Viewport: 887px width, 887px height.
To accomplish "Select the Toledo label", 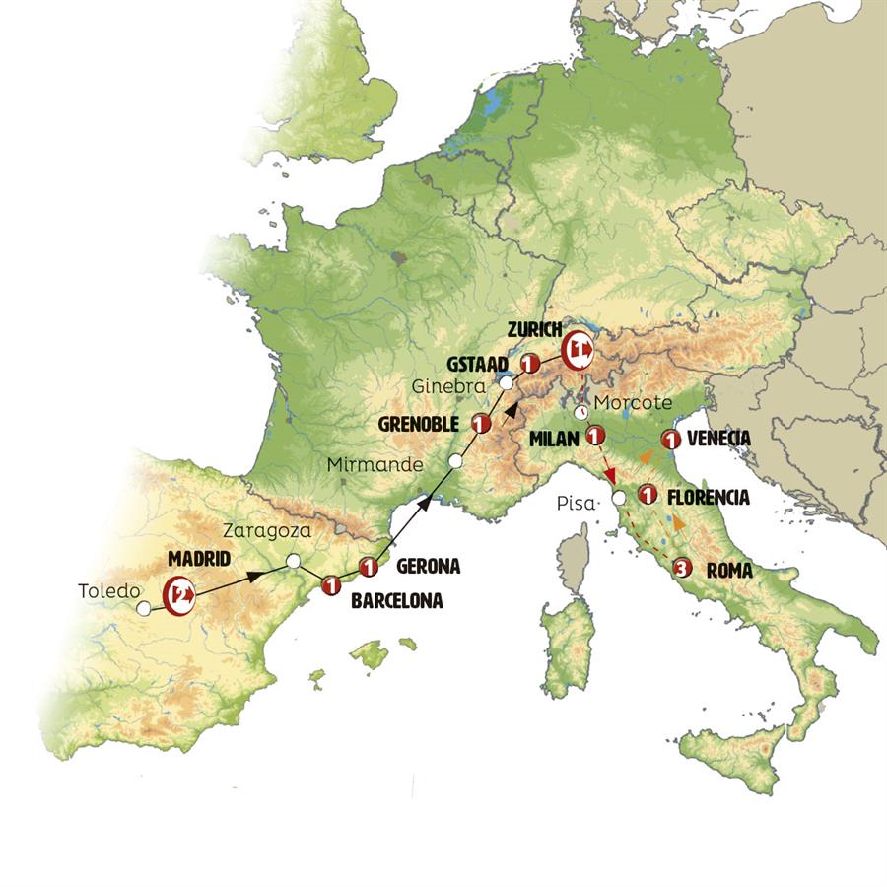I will pos(105,592).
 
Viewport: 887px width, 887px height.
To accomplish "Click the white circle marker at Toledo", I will pos(144,610).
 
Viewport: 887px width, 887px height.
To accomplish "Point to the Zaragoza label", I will pos(267,531).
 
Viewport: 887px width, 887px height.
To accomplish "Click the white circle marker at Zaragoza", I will pos(293,561).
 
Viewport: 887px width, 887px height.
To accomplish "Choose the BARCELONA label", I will pos(396,599).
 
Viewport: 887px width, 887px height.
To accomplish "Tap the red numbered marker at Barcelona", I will pos(331,585).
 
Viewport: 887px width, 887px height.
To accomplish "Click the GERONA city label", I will pos(429,567).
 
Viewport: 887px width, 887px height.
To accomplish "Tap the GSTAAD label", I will pos(481,363).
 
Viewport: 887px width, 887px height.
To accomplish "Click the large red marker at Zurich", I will pos(578,349).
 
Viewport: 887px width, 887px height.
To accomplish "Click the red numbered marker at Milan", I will pos(595,435).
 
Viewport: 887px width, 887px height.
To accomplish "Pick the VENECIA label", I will pos(720,439).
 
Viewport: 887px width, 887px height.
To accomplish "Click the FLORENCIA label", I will pos(708,498).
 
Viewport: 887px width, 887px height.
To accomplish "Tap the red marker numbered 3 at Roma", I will pos(681,568).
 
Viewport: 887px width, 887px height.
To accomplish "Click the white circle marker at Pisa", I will pos(618,499).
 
